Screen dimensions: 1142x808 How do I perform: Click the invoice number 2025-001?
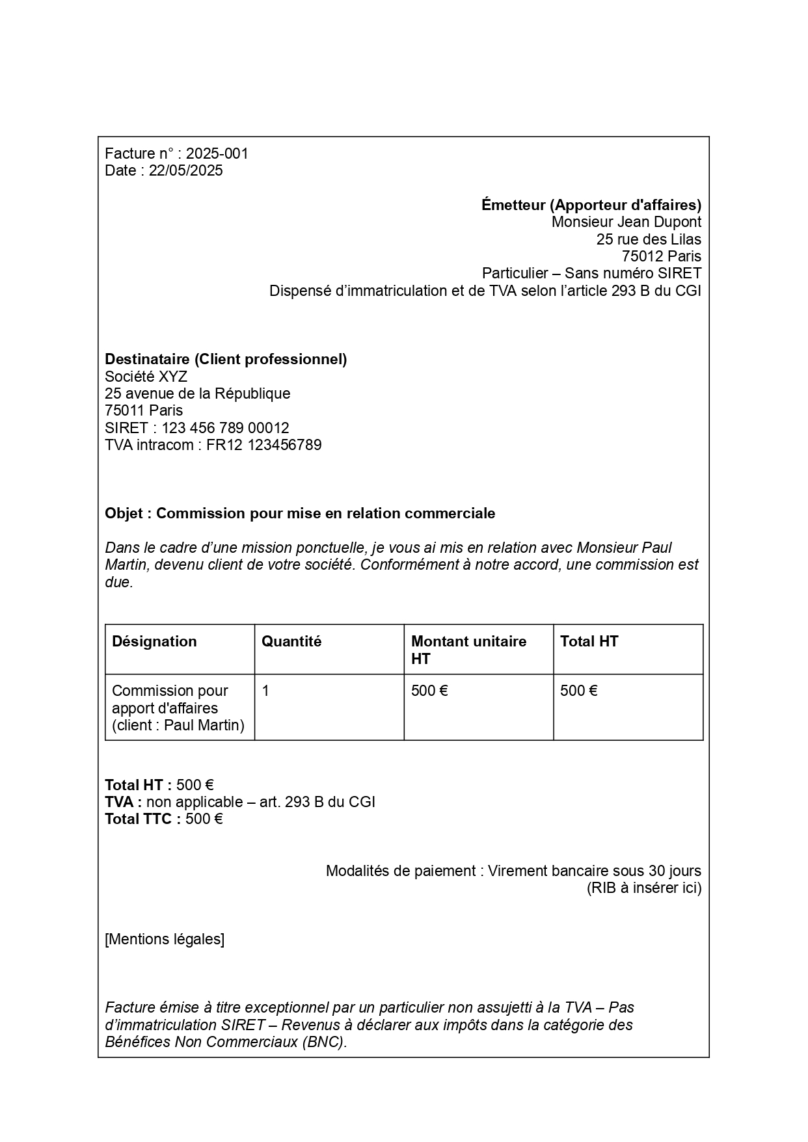point(217,153)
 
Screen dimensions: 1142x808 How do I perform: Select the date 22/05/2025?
point(185,170)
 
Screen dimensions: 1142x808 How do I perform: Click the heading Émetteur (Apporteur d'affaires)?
point(591,205)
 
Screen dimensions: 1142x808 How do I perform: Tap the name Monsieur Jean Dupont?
point(626,222)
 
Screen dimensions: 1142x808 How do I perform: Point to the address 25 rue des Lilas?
point(649,239)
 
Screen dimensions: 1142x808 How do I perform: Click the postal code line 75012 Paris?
point(661,256)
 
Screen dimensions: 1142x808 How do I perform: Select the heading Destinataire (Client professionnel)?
point(226,359)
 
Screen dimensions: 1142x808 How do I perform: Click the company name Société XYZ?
point(146,377)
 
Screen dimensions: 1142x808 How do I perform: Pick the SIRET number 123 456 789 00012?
point(225,428)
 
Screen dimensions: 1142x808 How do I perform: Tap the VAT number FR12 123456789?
point(263,445)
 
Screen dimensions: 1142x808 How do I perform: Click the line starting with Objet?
point(300,513)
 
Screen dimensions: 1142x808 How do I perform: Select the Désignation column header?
point(154,641)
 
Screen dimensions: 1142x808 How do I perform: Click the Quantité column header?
point(291,641)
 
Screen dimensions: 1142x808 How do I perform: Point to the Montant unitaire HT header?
point(468,650)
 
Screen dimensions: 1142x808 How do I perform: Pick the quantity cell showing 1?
point(265,691)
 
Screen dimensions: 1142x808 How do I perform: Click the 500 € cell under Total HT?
point(578,691)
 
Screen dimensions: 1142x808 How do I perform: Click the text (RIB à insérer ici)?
point(643,888)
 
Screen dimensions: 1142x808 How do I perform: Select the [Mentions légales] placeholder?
point(165,939)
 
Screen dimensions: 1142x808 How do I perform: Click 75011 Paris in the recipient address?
point(144,410)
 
